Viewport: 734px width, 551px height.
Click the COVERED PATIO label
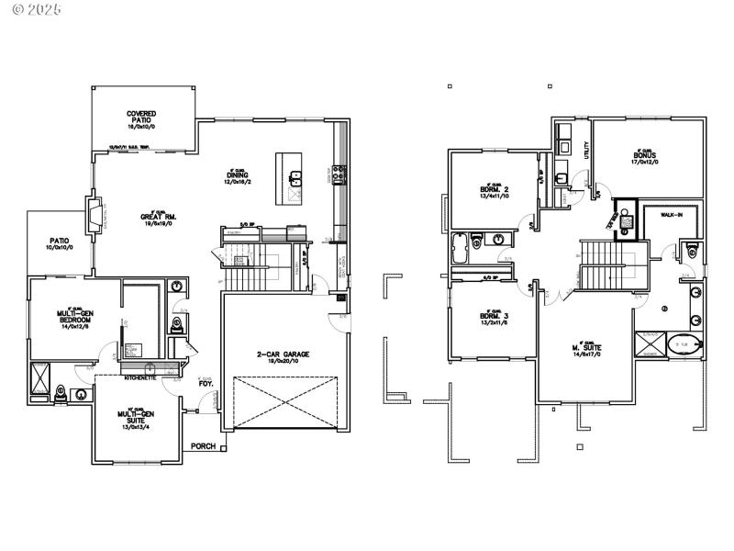[x=141, y=118]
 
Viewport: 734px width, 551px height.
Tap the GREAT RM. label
[x=158, y=217]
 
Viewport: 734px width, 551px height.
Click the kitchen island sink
[x=296, y=177]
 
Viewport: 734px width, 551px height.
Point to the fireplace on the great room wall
[x=95, y=213]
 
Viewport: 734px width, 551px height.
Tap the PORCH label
[x=203, y=446]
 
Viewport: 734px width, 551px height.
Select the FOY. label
[x=206, y=384]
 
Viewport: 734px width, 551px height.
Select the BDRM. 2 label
[x=494, y=190]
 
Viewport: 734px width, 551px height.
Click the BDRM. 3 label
[x=494, y=319]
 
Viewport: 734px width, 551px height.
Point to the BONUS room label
[x=645, y=156]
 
